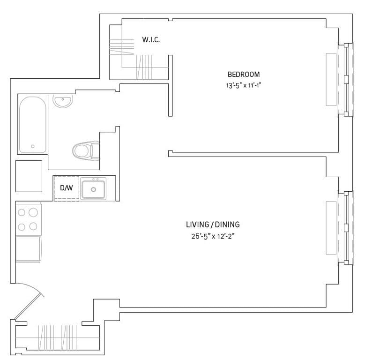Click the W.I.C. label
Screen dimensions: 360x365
tap(151, 40)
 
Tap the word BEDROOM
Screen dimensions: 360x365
tap(243, 74)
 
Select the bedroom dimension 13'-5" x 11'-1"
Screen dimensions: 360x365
tap(243, 85)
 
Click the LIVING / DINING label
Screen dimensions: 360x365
tap(209, 225)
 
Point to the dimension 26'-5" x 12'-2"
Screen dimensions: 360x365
tap(209, 236)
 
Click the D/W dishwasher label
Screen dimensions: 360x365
tap(67, 188)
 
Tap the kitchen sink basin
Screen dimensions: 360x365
tap(93, 189)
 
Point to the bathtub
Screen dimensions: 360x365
tap(33, 124)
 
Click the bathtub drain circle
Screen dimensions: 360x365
tap(33, 146)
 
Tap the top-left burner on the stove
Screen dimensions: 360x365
tap(22, 212)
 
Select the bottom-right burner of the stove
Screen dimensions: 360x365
tap(33, 226)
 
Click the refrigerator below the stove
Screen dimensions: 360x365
tap(29, 249)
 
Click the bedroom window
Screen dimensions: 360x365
tap(345, 80)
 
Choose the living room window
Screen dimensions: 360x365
tap(345, 227)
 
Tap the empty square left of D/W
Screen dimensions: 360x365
tap(29, 176)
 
